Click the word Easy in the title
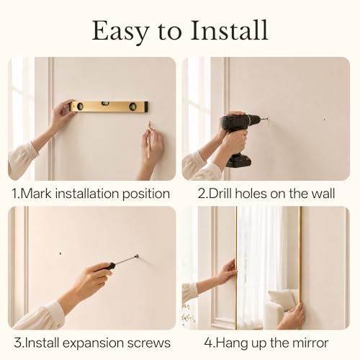120,31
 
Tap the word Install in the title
229,30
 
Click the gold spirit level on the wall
109,107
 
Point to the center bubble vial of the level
105,104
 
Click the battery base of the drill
239,161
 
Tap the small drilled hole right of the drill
325,119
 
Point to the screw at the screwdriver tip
137,256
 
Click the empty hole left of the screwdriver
60,253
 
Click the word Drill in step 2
220,194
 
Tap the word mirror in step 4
312,343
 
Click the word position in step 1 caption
146,194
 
